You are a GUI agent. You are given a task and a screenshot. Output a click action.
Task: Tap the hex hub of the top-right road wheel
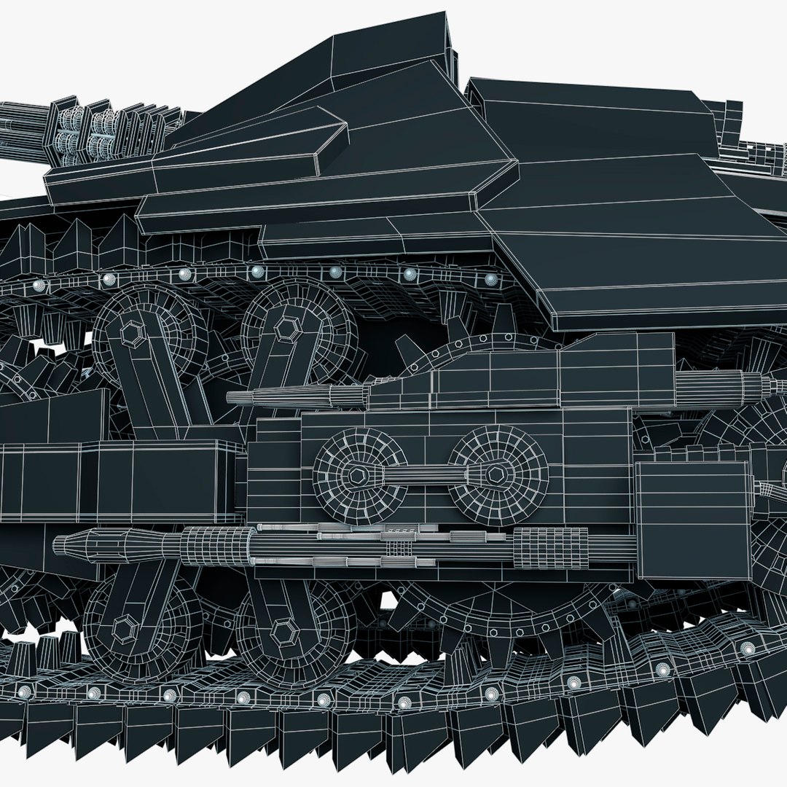[285, 329]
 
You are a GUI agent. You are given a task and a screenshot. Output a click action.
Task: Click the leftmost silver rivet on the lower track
[25, 690]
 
